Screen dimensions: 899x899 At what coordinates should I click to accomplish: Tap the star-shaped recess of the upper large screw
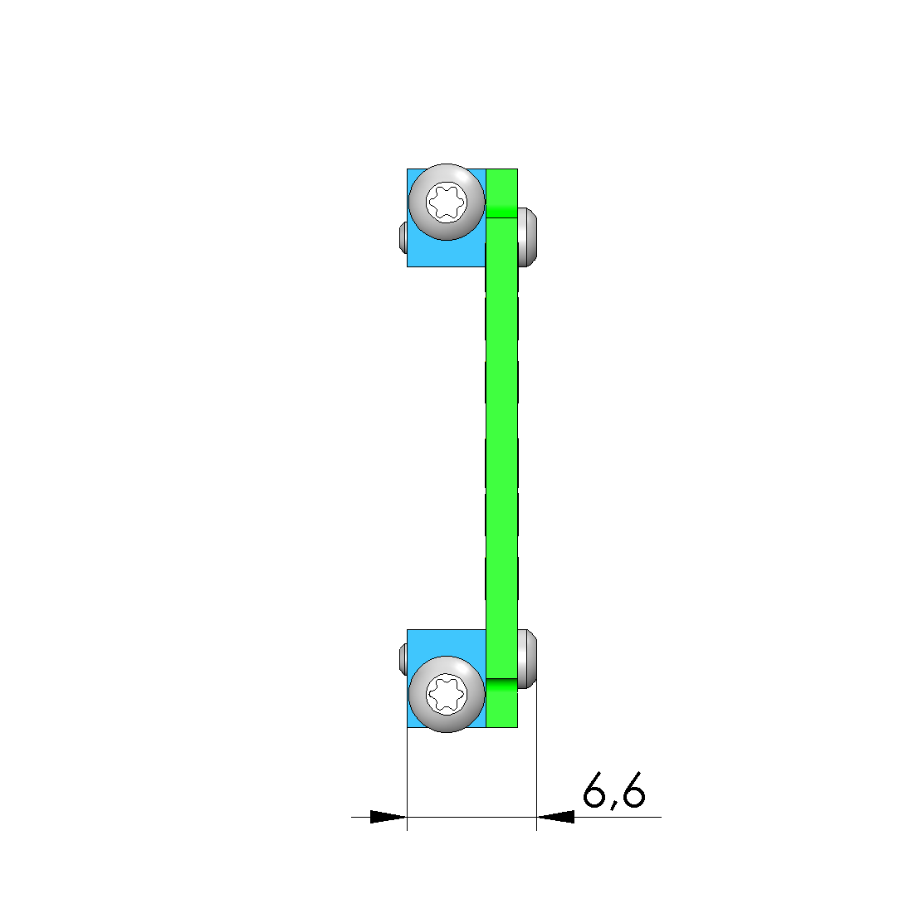click(447, 202)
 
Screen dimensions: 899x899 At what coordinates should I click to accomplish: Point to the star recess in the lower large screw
click(447, 694)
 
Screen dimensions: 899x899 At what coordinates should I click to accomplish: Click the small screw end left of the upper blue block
click(403, 237)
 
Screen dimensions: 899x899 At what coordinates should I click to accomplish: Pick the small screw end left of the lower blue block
click(403, 659)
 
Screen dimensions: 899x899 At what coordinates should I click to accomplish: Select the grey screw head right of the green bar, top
click(527, 237)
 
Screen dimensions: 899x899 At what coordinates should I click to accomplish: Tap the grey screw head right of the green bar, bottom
click(527, 659)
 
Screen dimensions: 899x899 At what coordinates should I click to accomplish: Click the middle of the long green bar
click(501, 448)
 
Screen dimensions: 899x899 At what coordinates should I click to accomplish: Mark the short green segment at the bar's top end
click(501, 193)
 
